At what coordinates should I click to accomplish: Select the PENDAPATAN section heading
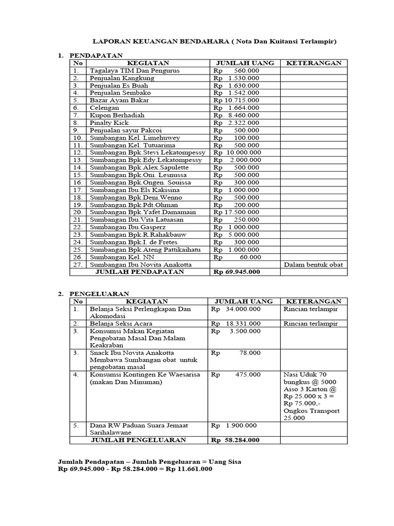tap(95, 54)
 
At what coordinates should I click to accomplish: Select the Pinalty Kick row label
tap(108, 123)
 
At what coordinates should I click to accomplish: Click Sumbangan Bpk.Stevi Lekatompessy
tap(147, 153)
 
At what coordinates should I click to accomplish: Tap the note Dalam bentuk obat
tap(313, 265)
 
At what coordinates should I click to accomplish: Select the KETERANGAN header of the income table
tap(313, 63)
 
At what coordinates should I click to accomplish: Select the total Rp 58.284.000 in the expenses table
tap(235, 440)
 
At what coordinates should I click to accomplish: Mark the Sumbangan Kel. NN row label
tap(116, 257)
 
